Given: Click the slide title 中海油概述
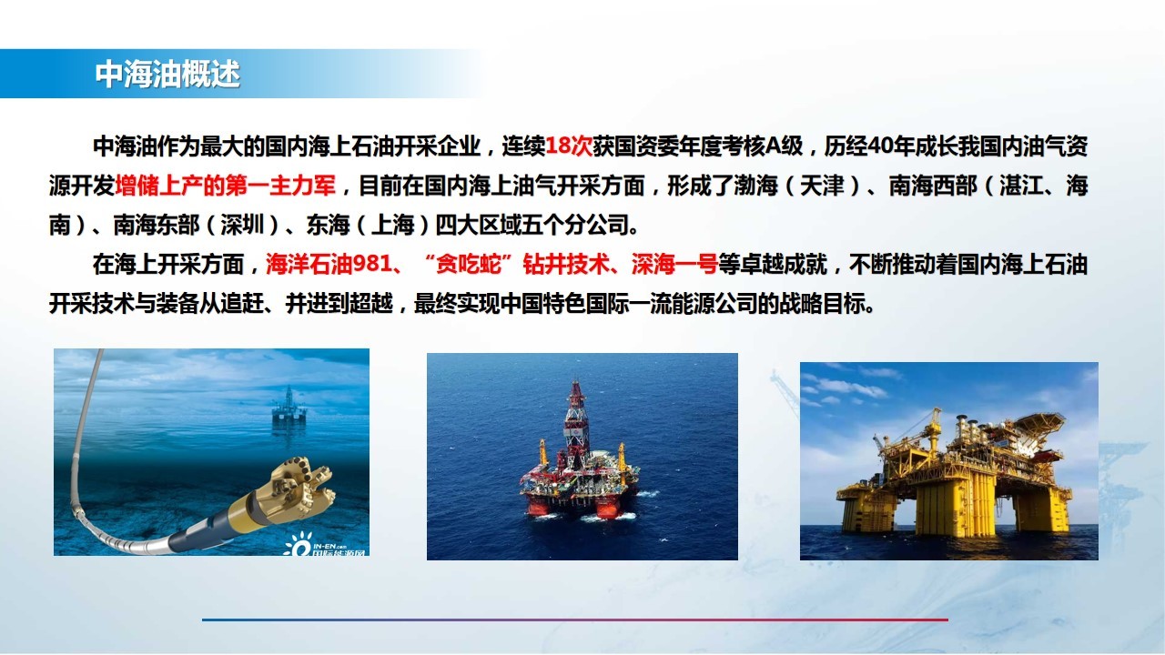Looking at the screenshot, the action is (167, 75).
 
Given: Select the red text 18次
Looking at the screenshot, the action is (569, 146).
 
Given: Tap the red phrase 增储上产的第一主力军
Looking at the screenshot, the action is (225, 186).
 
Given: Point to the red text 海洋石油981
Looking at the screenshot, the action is (329, 264).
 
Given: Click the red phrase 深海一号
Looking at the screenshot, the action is (674, 264).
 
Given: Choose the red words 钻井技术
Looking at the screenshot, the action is (566, 264).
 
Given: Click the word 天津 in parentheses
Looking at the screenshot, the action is (822, 186).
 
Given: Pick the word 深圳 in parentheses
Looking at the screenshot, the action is (242, 225).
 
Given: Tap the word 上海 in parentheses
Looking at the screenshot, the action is (392, 225).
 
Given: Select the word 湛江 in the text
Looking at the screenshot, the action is (1021, 186).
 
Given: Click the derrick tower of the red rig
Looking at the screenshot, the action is (574, 421).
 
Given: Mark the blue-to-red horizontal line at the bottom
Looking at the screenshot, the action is (574, 620).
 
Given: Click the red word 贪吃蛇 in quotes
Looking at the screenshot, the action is (468, 264).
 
